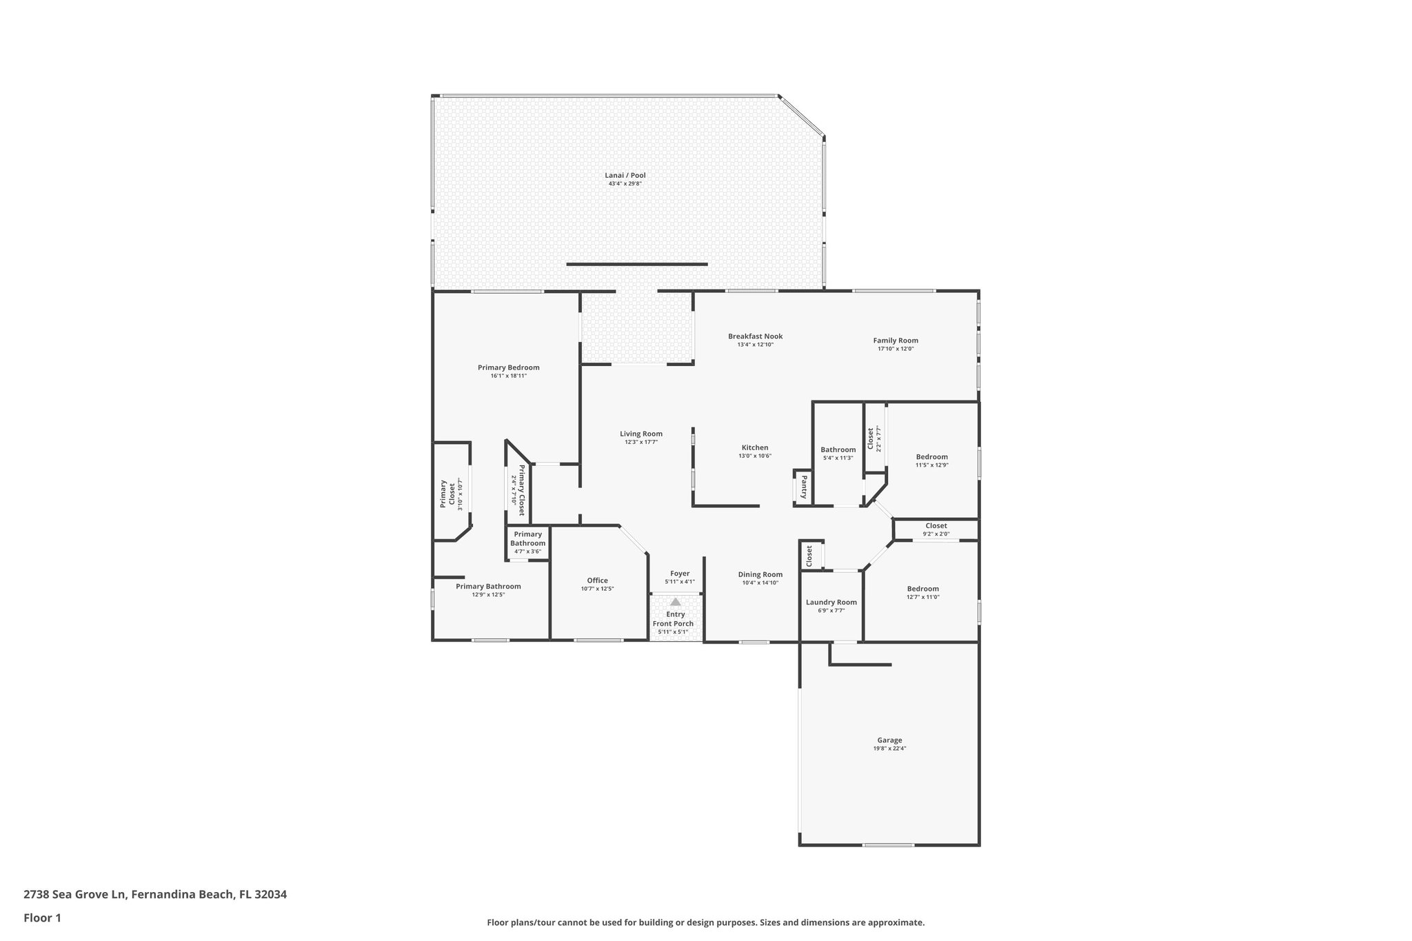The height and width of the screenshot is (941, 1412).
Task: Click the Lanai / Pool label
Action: pyautogui.click(x=626, y=176)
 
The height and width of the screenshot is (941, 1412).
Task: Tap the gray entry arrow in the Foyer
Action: pyautogui.click(x=676, y=602)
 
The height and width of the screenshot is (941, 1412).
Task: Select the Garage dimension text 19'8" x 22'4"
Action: pyautogui.click(x=889, y=748)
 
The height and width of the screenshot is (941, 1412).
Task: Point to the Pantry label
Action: pyautogui.click(x=804, y=487)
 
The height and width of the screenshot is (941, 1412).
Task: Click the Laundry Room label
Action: pyautogui.click(x=831, y=602)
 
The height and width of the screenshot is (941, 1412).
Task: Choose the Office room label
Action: pyautogui.click(x=597, y=580)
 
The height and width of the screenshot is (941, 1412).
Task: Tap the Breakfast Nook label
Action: pyautogui.click(x=755, y=336)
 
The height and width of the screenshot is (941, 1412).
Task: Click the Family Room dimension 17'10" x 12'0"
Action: pyautogui.click(x=896, y=349)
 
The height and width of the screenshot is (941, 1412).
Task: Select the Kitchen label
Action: pyautogui.click(x=754, y=447)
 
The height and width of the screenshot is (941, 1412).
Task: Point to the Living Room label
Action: pyautogui.click(x=641, y=434)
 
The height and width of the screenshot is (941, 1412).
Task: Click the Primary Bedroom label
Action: pyautogui.click(x=508, y=367)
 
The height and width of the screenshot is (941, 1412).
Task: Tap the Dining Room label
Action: pyautogui.click(x=760, y=574)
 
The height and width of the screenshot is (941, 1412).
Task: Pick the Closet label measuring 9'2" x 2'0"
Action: pyautogui.click(x=936, y=526)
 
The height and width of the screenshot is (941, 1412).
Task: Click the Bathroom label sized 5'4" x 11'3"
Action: pyautogui.click(x=838, y=449)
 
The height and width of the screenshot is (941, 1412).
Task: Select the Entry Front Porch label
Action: pyautogui.click(x=675, y=618)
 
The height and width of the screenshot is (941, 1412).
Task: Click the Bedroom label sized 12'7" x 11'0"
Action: pyautogui.click(x=922, y=589)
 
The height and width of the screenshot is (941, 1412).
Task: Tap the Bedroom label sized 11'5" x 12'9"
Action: pyautogui.click(x=931, y=456)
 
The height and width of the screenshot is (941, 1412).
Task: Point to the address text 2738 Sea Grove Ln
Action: pyautogui.click(x=75, y=894)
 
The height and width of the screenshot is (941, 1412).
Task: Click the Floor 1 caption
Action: pyautogui.click(x=42, y=918)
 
